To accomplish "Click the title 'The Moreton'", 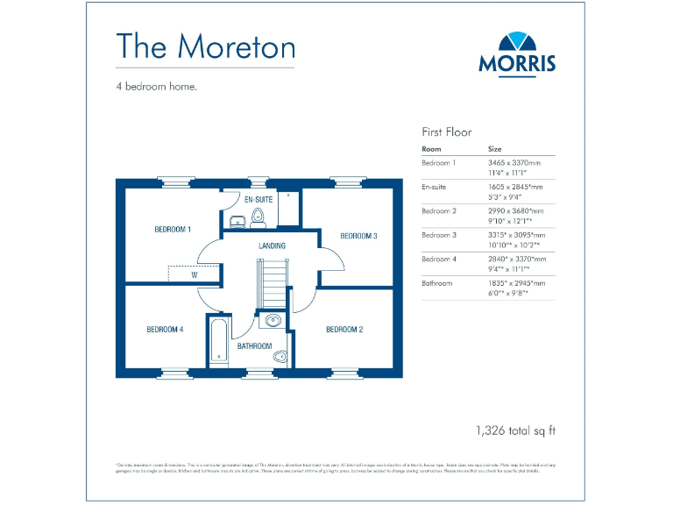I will click(205, 46).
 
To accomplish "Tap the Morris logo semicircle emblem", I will click(517, 41).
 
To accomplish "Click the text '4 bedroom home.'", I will click(156, 86).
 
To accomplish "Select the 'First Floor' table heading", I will click(447, 132).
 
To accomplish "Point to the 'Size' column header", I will click(495, 149).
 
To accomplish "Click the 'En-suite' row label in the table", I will click(436, 187).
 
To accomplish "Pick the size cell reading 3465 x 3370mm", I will click(514, 163).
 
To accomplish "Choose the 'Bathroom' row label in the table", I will click(437, 283).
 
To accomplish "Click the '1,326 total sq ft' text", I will click(515, 430).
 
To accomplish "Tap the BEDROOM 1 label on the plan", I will click(173, 230).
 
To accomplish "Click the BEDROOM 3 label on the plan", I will click(358, 236).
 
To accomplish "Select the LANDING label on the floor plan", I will click(272, 246).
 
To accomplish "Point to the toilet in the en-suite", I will click(258, 218).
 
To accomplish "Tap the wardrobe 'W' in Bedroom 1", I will click(194, 274).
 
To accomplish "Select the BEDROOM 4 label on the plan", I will click(165, 330).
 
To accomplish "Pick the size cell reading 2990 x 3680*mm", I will click(515, 211).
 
